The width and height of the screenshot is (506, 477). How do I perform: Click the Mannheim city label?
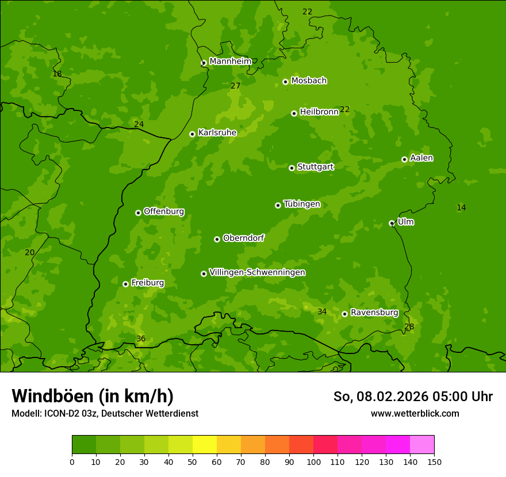230,61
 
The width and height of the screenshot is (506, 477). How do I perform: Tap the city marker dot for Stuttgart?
292,168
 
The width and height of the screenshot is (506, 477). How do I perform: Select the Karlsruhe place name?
217,133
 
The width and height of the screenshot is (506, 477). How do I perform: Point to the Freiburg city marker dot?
125,284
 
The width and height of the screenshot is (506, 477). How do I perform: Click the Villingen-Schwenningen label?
257,272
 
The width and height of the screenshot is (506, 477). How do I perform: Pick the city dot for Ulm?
392,223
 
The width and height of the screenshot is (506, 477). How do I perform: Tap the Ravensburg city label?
374,313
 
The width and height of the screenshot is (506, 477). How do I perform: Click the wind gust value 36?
141,339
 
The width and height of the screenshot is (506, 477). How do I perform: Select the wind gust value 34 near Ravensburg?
322,312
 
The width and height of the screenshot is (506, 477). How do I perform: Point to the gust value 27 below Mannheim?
235,86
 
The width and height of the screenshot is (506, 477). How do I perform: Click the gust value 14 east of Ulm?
461,207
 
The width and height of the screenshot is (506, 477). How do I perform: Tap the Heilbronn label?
319,111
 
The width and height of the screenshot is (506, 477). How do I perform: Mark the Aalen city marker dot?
404,159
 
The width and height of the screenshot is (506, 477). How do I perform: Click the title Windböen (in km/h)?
93,396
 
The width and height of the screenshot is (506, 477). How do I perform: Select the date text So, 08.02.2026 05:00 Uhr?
413,397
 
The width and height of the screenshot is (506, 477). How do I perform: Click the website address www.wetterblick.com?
415,414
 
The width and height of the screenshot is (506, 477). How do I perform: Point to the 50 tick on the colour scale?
193,462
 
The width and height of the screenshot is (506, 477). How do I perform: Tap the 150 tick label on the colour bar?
434,462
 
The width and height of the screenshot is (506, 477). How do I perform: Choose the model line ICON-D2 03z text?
105,414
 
